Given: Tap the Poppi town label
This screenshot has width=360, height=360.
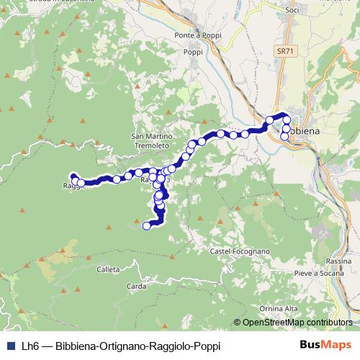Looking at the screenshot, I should tap(193, 52).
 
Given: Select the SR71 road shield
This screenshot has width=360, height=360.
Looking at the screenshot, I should tap(286, 52).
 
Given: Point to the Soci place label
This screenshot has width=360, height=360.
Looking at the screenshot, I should tap(292, 11).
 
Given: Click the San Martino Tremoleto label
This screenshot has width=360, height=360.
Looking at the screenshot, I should tap(150, 140).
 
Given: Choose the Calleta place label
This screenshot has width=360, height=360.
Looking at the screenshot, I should tap(107, 269).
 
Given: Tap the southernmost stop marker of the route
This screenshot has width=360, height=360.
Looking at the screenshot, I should tap(147, 226).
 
